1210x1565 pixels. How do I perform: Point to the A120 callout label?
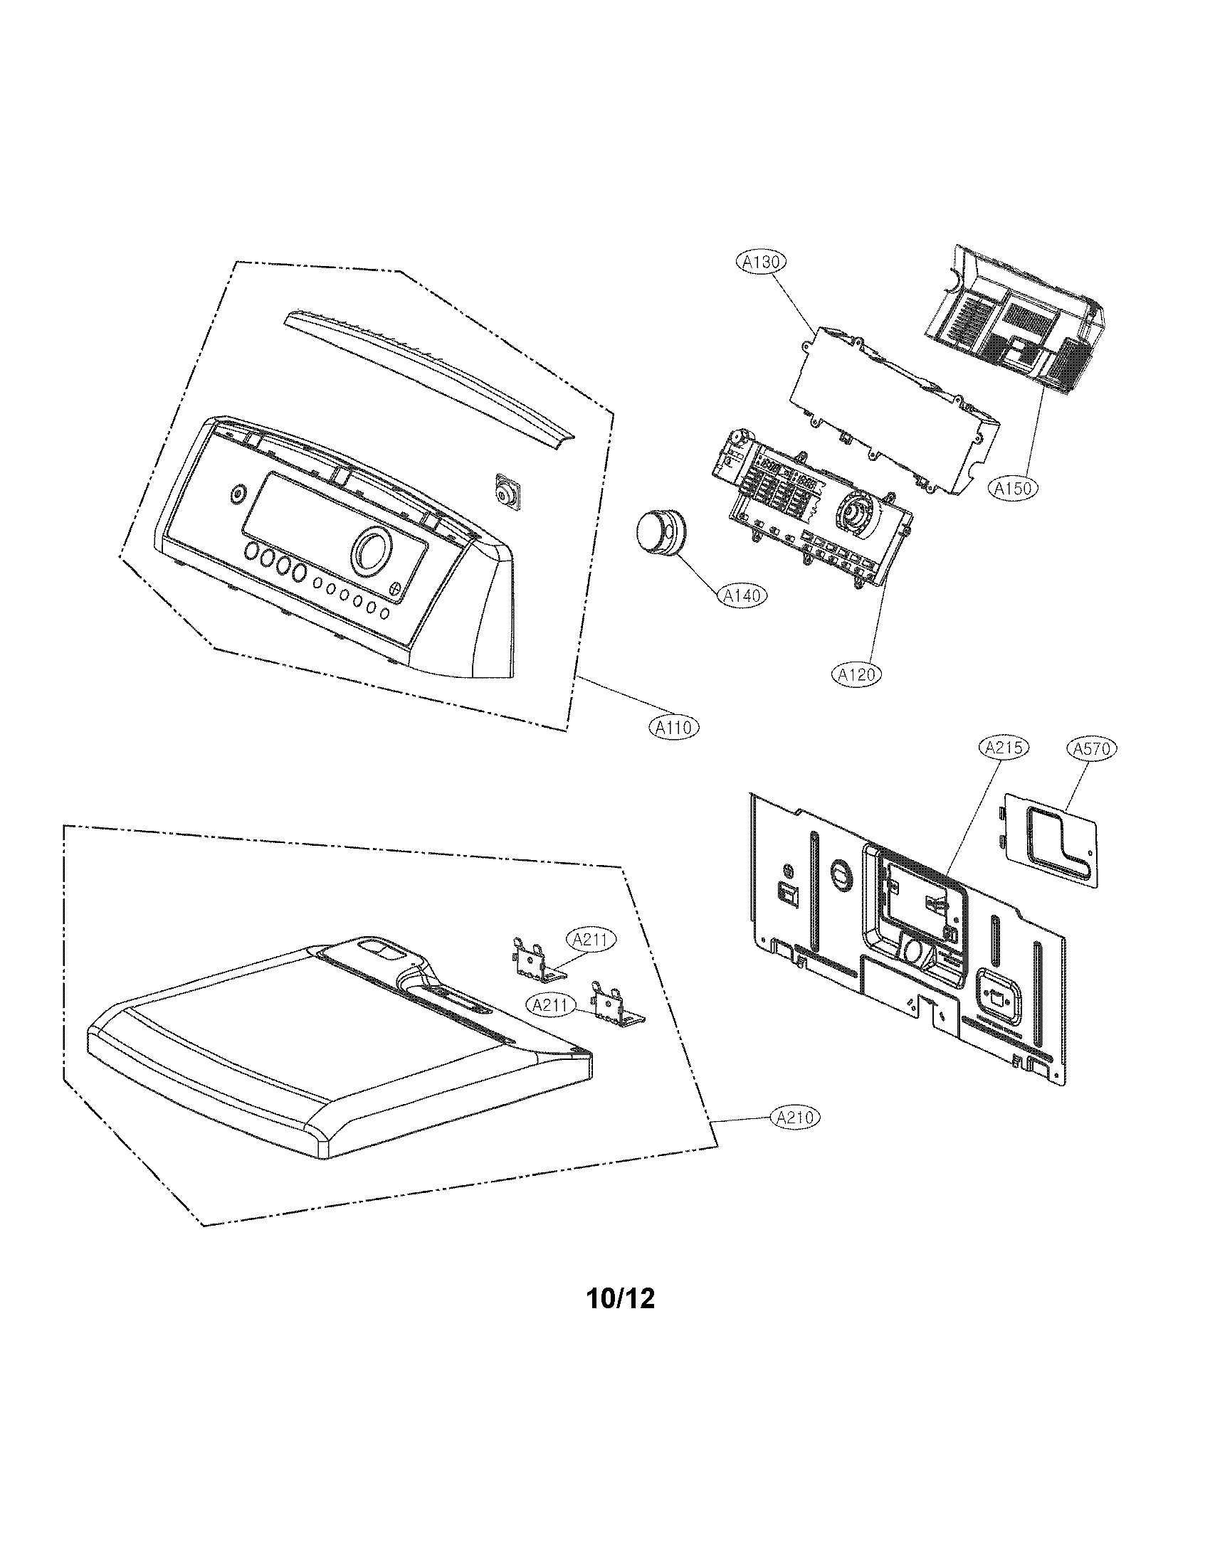pyautogui.click(x=856, y=674)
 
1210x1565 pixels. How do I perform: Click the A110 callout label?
pyautogui.click(x=673, y=727)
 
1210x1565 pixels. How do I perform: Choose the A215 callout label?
pyautogui.click(x=1003, y=748)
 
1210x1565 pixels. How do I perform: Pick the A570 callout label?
pyautogui.click(x=1092, y=748)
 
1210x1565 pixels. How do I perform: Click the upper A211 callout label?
pyautogui.click(x=591, y=940)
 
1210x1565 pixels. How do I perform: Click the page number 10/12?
pyautogui.click(x=620, y=1298)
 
